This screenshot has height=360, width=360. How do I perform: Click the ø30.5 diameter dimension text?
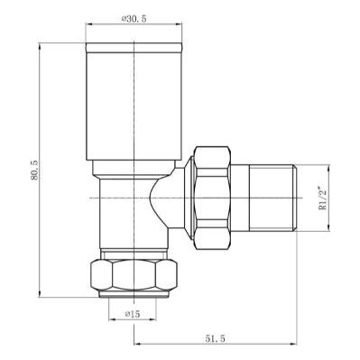pyautogui.click(x=133, y=18)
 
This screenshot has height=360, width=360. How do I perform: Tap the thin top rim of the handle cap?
pyautogui.click(x=134, y=44)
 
